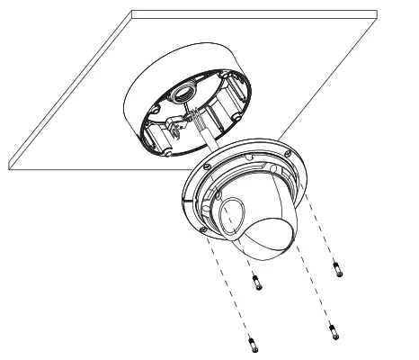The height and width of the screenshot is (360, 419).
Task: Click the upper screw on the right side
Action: click(337, 268)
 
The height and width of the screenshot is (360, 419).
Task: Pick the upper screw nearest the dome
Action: click(255, 283)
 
